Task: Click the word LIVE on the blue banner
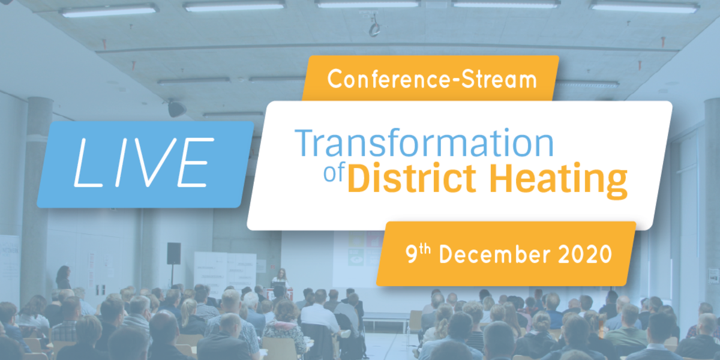tap(144, 163)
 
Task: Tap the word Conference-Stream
tap(432, 79)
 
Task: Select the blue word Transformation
tap(424, 143)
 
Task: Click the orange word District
tap(412, 178)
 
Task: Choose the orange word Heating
tap(559, 180)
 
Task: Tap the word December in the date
tap(494, 254)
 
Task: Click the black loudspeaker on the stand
tap(173, 254)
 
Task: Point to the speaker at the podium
tap(281, 278)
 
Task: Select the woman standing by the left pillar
tap(64, 277)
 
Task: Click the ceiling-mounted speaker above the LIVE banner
tap(176, 109)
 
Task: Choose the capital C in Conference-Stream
tap(335, 79)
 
